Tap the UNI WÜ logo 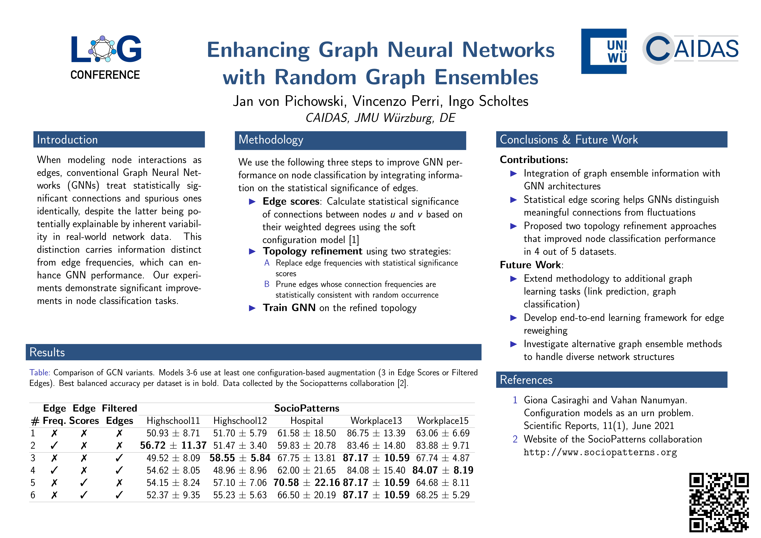604,51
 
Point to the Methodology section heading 271,140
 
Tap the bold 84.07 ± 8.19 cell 443,470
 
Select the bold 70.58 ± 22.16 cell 307,483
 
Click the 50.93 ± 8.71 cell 173,433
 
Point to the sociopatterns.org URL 600,453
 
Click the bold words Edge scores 291,201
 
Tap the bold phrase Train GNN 289,308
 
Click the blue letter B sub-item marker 267,284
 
